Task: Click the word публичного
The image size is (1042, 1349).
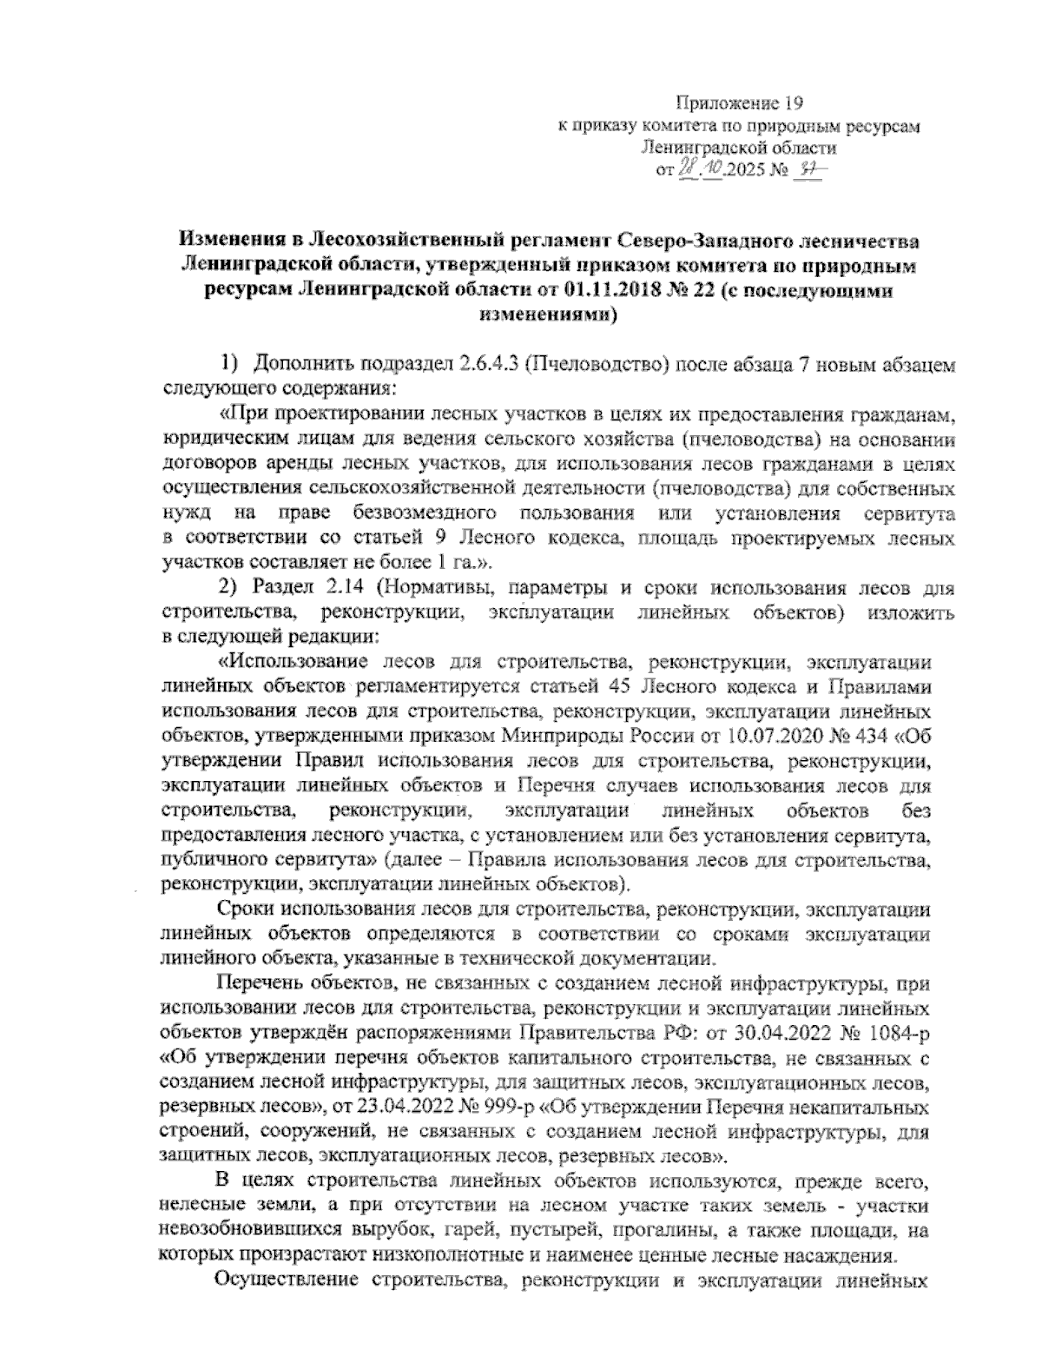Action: (x=203, y=862)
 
